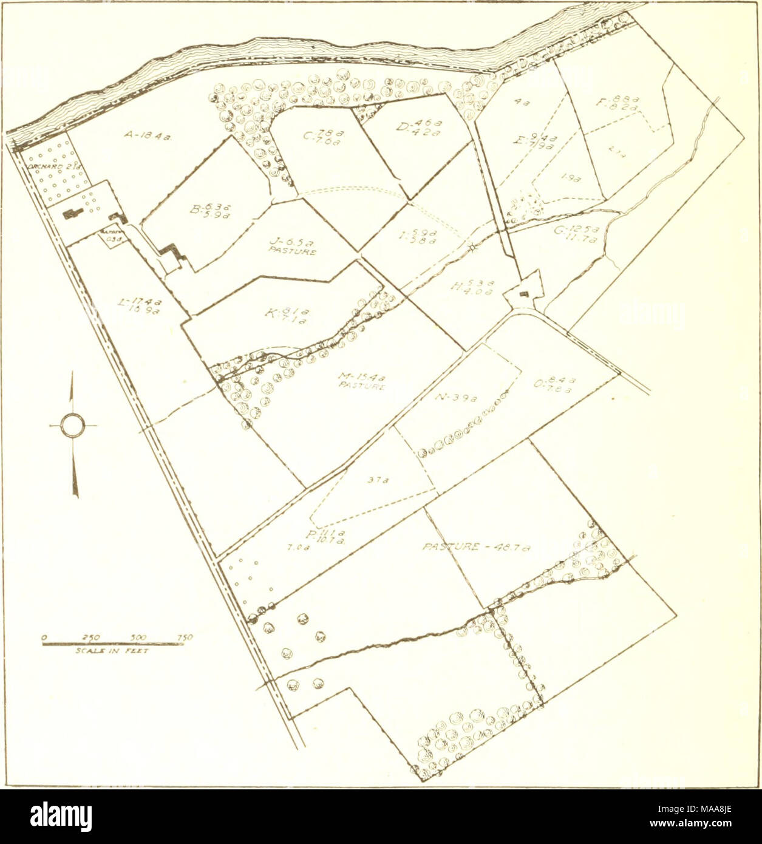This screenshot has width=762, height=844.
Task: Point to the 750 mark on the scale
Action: click(x=184, y=637)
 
